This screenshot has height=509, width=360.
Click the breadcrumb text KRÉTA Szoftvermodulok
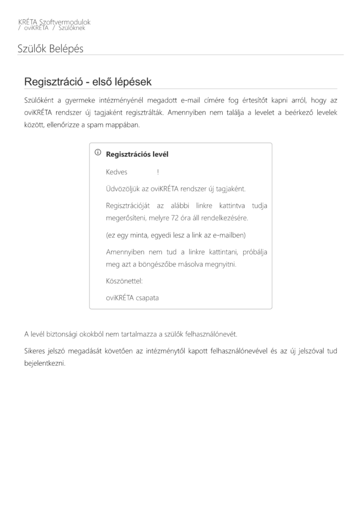(54, 22)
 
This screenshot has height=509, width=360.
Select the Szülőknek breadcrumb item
(72, 28)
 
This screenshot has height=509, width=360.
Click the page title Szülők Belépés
(50, 49)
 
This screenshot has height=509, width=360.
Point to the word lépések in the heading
(133, 82)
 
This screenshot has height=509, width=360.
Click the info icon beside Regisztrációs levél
(98, 153)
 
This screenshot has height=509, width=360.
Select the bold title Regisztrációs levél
(137, 154)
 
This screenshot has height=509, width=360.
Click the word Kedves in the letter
(117, 172)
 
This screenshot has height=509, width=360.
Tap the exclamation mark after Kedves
(158, 172)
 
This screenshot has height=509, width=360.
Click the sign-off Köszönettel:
(124, 281)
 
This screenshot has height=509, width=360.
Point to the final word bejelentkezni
(45, 363)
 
